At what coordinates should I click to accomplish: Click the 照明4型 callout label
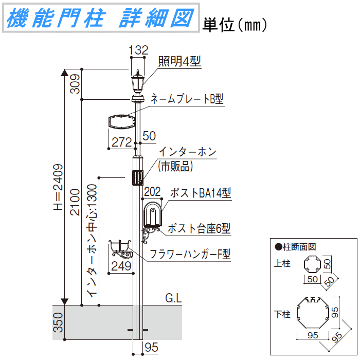[x=179, y=62]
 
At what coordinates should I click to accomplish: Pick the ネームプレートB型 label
[x=187, y=99]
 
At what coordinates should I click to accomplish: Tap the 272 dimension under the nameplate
[x=122, y=142]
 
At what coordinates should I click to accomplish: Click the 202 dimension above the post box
[x=153, y=192]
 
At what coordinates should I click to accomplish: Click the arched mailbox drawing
[x=152, y=214]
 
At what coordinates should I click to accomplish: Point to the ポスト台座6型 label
[x=199, y=228]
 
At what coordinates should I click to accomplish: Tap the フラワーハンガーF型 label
[x=190, y=254]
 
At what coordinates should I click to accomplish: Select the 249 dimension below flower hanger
[x=121, y=266]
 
